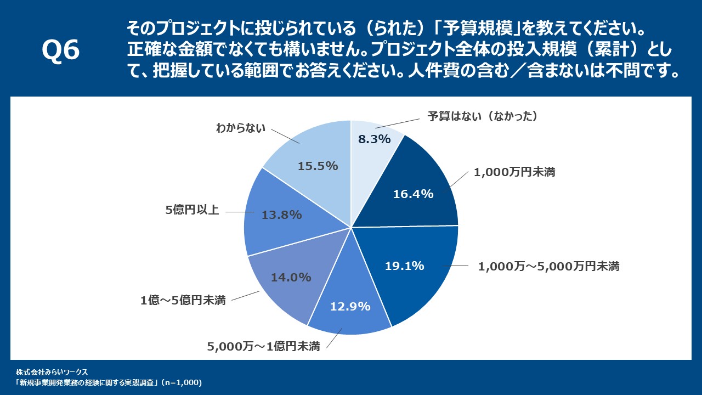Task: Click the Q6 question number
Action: [61, 50]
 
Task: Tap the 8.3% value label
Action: [374, 139]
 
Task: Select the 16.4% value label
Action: [414, 194]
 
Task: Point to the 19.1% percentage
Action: [404, 266]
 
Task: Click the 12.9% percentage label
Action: [350, 307]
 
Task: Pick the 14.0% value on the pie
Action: [291, 278]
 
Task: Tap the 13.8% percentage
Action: [281, 215]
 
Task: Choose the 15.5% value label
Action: [318, 166]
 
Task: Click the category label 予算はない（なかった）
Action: [482, 116]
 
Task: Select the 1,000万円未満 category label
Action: [514, 172]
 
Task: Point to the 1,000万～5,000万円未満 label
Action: [548, 267]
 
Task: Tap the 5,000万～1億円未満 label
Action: [263, 346]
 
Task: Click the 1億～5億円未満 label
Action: [183, 301]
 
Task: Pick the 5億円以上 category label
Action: [193, 211]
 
